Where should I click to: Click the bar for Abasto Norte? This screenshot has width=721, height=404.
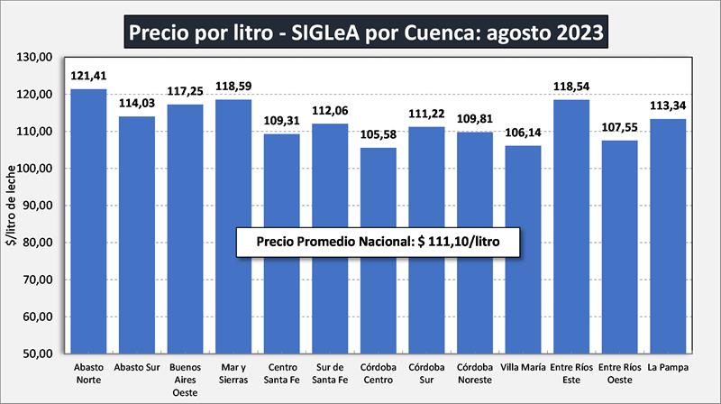pyautogui.click(x=89, y=221)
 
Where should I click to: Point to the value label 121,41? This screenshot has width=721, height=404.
pyautogui.click(x=89, y=78)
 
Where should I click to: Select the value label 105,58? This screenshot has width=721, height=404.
pyautogui.click(x=379, y=136)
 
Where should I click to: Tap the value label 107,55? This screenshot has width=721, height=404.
pyautogui.click(x=620, y=129)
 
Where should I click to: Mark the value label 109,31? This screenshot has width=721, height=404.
pyautogui.click(x=282, y=123)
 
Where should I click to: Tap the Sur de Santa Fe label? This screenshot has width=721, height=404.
pyautogui.click(x=330, y=372)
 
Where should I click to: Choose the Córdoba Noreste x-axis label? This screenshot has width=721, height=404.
pyautogui.click(x=475, y=372)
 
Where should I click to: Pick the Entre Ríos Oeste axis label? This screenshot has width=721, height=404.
pyautogui.click(x=620, y=372)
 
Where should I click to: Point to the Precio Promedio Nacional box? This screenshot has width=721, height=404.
pyautogui.click(x=378, y=243)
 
